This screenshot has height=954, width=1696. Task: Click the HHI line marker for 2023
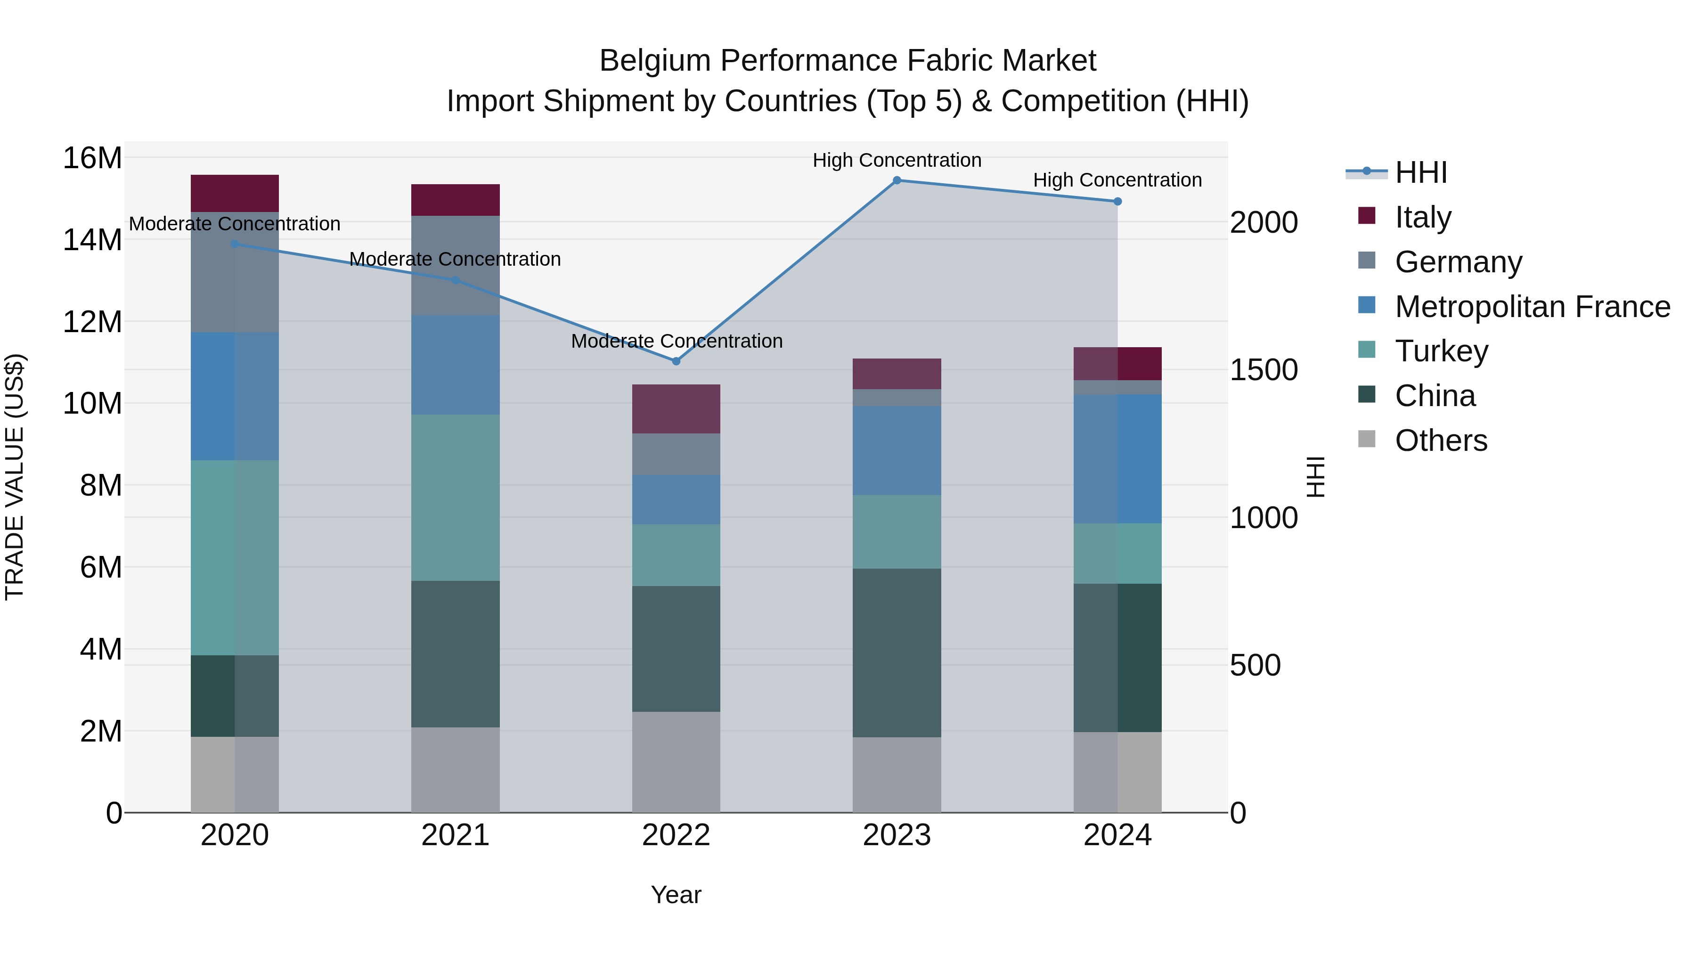coord(897,180)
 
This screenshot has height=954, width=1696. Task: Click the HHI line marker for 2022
coord(676,361)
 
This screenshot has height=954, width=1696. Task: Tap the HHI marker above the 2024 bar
coord(1117,202)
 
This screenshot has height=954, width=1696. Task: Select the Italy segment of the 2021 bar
coord(456,200)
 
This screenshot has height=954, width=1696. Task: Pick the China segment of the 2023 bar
coord(897,652)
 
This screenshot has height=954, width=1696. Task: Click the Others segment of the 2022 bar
coord(676,762)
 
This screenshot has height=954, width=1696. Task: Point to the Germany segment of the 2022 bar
coord(676,454)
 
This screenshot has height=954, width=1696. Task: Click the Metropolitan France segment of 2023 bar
coord(897,450)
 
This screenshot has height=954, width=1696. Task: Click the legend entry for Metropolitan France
coord(1532,307)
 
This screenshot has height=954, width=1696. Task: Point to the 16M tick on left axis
coord(92,158)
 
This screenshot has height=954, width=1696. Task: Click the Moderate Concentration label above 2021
coord(455,260)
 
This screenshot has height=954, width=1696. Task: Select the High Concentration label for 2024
coord(1117,180)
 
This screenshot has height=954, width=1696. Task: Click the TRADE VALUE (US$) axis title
coord(15,477)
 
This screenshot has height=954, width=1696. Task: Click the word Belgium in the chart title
coord(654,61)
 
